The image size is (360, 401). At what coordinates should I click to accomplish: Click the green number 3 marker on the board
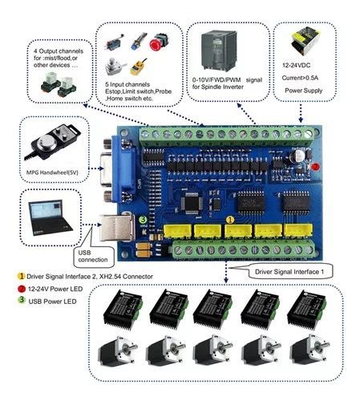point(143,219)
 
